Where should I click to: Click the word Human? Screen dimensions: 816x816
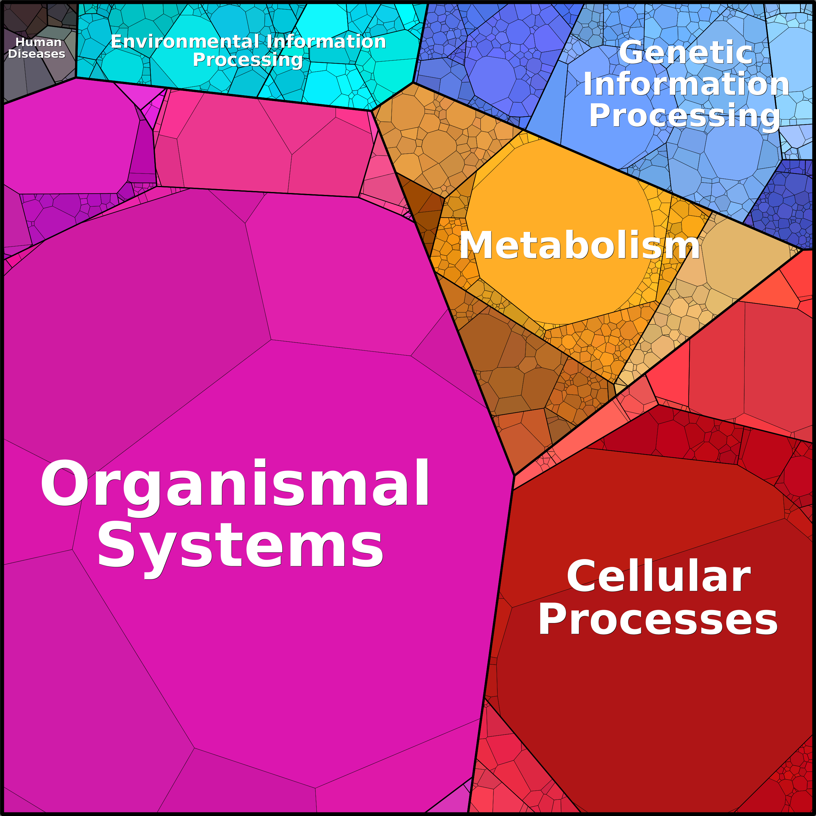tap(38, 42)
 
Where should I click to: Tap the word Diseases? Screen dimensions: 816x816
tap(37, 54)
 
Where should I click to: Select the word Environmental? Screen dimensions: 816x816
tap(185, 42)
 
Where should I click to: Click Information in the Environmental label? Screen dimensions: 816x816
tap(326, 42)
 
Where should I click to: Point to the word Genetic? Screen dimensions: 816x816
tap(686, 53)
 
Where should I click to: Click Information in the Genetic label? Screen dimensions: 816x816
tap(686, 84)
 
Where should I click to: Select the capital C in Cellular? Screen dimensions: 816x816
tap(581, 576)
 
